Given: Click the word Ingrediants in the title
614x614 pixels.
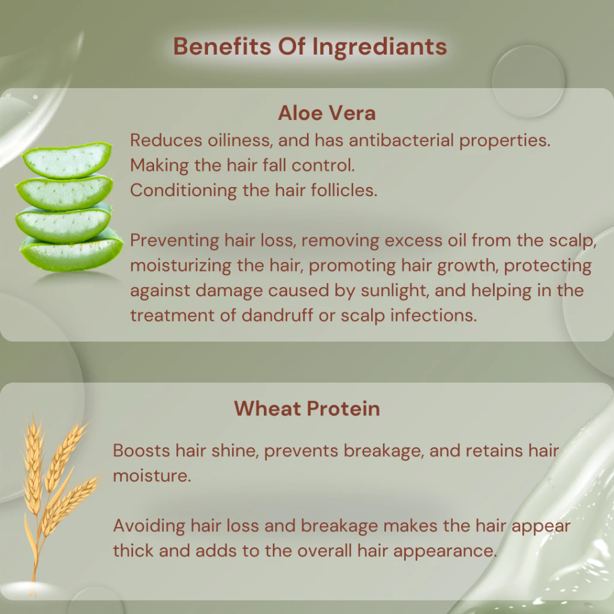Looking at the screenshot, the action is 379,47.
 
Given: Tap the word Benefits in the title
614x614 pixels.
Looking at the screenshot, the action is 222,46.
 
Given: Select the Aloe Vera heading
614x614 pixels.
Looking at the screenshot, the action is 327,113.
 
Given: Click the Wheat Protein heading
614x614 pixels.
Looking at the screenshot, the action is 307,408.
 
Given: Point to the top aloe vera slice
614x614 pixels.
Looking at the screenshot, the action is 67,159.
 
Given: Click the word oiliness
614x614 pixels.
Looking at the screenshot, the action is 240,140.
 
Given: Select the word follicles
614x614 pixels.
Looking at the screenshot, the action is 344,190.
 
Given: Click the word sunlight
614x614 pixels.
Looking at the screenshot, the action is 395,291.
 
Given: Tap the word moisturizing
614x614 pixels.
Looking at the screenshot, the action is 181,266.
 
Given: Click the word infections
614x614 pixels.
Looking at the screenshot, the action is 434,315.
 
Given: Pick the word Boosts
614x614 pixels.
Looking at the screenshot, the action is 142,451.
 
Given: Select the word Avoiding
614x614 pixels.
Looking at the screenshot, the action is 149,526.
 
